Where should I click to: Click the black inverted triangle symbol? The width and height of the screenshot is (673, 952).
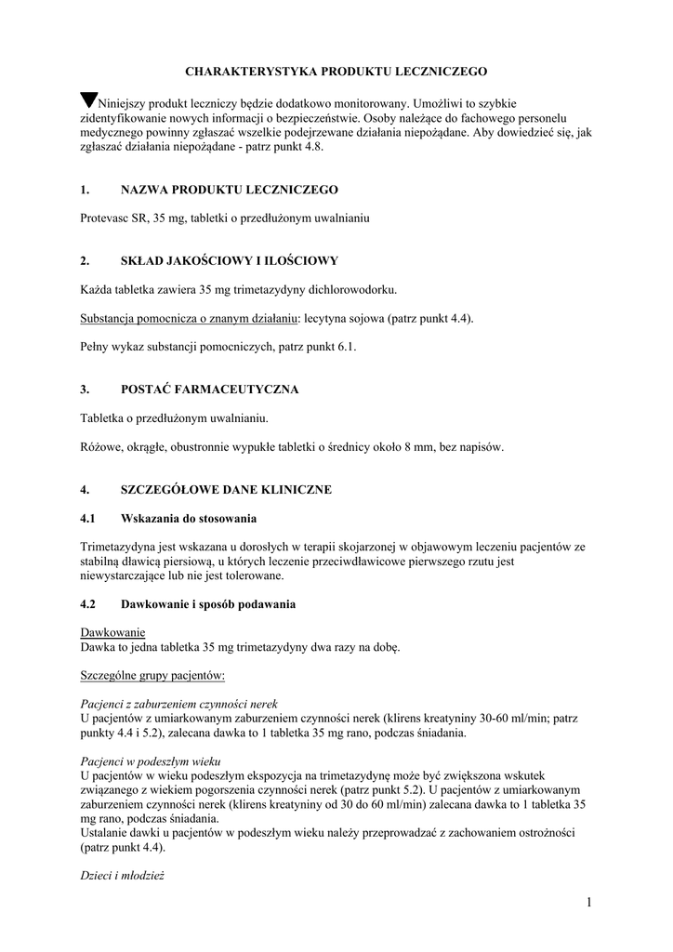(x=89, y=100)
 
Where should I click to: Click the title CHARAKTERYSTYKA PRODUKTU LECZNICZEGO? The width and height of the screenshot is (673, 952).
(x=336, y=71)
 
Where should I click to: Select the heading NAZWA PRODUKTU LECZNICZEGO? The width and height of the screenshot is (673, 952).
(x=230, y=190)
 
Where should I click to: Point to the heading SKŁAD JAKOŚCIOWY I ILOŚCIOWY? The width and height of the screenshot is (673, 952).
(x=230, y=261)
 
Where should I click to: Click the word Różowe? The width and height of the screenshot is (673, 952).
(x=100, y=447)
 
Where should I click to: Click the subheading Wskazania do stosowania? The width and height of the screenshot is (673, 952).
(x=189, y=518)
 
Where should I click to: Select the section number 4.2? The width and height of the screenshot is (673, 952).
(x=88, y=604)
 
